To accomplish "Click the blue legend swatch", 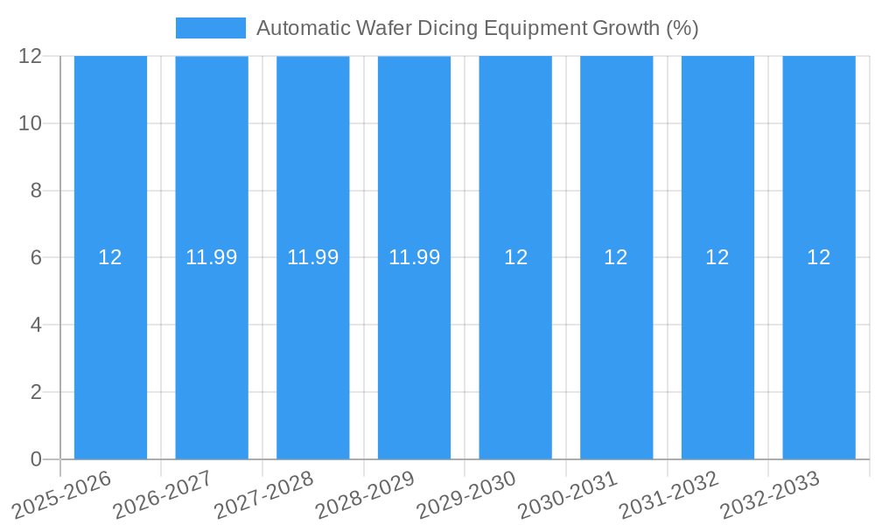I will coord(210,28).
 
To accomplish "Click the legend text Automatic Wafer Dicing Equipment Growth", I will coord(477,28).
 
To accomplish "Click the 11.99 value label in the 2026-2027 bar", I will coord(212,257).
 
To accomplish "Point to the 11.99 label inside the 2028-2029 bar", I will coord(414,257).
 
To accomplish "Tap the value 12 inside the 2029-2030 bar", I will coord(515,257).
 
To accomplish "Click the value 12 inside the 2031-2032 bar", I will coord(717,257).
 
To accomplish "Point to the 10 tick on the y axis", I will coord(31,123).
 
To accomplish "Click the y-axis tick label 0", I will coord(36,459).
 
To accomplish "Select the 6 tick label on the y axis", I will coord(36,257).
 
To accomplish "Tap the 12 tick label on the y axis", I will coord(31,56).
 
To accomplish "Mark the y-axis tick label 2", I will coord(36,392).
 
